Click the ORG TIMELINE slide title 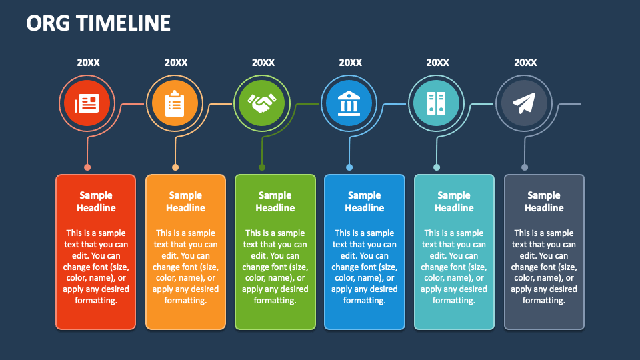point(99,23)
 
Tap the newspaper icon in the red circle point(87,103)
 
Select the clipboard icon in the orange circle point(175,103)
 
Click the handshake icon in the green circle point(263,103)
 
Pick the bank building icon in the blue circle point(350,103)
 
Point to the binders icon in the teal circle point(437,103)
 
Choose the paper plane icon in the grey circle point(525,103)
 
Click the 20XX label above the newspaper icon point(88,63)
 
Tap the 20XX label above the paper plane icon point(525,63)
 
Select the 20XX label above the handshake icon point(263,63)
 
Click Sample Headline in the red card point(96,201)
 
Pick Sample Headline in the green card point(275,201)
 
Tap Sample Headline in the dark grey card point(544,201)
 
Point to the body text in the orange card point(185,267)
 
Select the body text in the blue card point(365,267)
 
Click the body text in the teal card point(454,267)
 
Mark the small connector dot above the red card point(87,167)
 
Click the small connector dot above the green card point(262,167)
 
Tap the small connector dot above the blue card point(349,167)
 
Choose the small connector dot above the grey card point(525,167)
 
